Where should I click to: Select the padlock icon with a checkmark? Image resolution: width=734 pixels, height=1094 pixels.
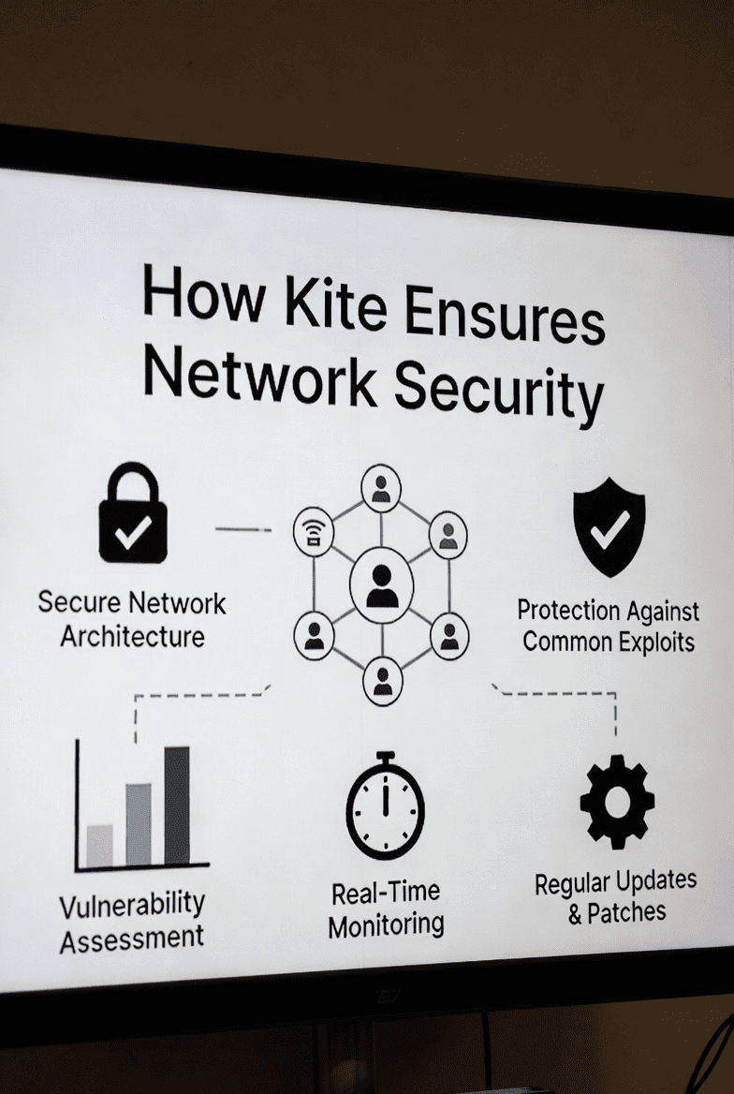click(133, 514)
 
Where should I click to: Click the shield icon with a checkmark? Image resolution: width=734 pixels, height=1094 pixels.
click(609, 525)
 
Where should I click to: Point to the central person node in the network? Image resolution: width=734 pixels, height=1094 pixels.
click(381, 585)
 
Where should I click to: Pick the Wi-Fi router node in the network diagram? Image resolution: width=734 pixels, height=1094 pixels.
click(314, 534)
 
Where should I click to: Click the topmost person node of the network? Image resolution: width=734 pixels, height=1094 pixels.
click(380, 488)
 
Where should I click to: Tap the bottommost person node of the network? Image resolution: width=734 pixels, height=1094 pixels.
click(382, 681)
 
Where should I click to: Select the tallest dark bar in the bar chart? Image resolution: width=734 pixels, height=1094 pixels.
click(177, 805)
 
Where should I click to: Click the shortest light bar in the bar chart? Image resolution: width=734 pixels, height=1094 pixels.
click(99, 845)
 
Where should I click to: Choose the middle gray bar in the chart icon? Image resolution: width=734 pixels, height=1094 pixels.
click(139, 823)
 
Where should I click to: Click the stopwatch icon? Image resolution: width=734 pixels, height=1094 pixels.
click(385, 806)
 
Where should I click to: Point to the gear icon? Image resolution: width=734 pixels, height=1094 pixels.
click(617, 802)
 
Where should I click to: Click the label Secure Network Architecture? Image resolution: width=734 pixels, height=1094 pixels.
click(132, 619)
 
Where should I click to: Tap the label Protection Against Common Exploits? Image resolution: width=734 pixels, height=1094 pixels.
click(609, 627)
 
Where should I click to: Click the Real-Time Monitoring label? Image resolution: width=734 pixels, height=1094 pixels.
click(386, 909)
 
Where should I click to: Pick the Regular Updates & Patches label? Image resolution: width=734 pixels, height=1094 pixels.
click(616, 897)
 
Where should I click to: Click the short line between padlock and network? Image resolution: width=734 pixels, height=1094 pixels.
click(242, 529)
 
